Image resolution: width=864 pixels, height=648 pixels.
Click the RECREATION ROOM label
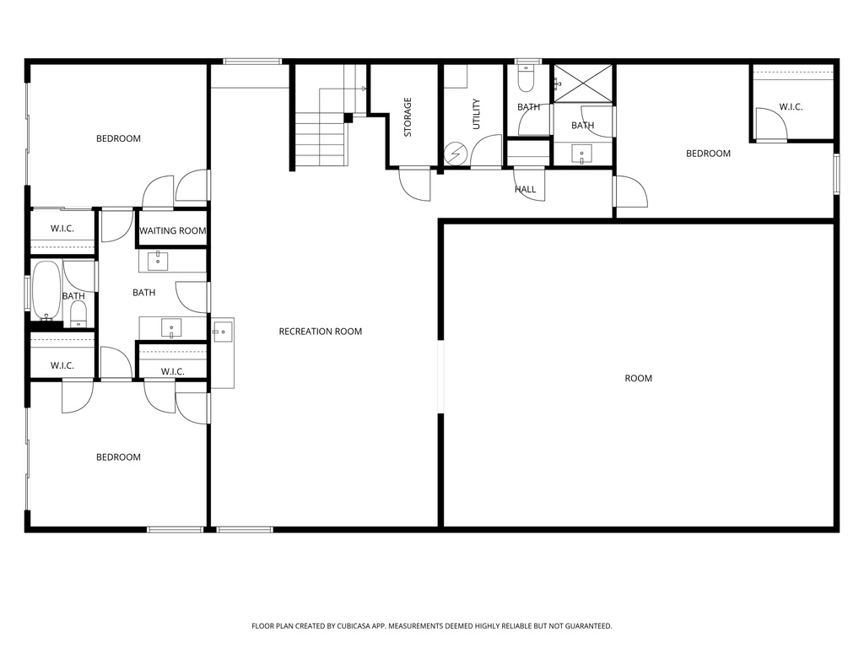(320, 332)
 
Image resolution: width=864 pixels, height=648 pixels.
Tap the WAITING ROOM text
(173, 231)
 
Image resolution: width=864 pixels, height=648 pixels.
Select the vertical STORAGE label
(408, 117)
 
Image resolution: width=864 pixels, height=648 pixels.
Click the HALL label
(525, 190)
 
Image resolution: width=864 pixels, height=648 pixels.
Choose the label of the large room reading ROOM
(638, 379)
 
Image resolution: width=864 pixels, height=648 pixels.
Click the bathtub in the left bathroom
(46, 291)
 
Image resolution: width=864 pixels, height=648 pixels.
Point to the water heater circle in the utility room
(455, 154)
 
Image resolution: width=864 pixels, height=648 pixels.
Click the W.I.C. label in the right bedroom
(791, 107)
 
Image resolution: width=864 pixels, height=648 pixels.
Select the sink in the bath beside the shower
(582, 154)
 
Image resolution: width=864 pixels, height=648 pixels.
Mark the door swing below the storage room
(414, 184)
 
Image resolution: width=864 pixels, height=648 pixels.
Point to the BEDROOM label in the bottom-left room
(118, 457)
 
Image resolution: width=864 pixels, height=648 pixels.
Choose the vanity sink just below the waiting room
(158, 261)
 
